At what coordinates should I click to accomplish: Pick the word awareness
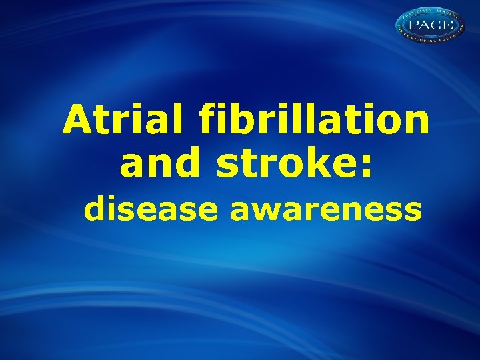click(x=326, y=209)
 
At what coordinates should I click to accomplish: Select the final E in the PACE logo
click(x=449, y=25)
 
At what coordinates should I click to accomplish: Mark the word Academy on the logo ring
click(x=447, y=15)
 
